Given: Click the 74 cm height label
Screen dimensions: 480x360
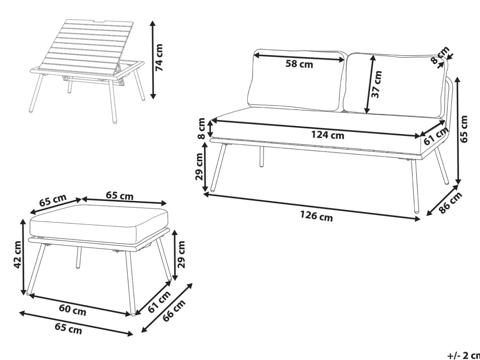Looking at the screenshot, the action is tap(159, 57).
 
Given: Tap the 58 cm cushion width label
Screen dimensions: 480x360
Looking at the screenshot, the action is tap(299, 64).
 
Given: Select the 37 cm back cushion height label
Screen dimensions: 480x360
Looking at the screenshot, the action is tap(376, 84).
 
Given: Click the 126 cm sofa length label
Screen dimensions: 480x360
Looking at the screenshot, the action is tap(316, 216).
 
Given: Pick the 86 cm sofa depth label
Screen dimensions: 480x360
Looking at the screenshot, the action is tap(451, 203).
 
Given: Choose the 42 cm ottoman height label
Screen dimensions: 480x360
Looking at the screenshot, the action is tap(18, 255).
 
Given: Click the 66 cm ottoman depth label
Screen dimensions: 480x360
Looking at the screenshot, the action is tap(174, 311).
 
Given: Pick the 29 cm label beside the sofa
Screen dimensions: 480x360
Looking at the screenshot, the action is tap(200, 166).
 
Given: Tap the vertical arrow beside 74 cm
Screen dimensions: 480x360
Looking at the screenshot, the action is tap(153, 60).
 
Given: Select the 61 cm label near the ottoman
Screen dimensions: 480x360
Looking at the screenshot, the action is tap(159, 302).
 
